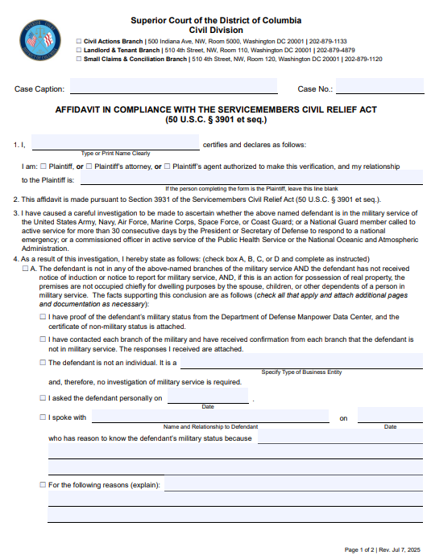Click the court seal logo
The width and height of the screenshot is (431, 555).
tap(39, 39)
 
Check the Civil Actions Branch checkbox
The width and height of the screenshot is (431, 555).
tap(78, 40)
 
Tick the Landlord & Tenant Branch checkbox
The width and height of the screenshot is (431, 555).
tap(78, 50)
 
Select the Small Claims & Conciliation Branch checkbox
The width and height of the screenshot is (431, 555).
tap(78, 59)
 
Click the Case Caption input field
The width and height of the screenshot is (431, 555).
tap(173, 88)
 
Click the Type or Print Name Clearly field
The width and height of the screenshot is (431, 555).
tap(115, 143)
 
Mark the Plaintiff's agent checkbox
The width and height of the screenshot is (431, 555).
tap(167, 166)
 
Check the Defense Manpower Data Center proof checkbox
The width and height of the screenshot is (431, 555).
tap(43, 318)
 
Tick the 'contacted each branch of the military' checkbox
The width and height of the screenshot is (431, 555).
tap(43, 339)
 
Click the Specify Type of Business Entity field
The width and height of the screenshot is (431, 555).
tap(301, 362)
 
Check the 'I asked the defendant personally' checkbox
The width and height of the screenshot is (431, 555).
tap(43, 397)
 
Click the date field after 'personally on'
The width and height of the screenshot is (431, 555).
tap(208, 396)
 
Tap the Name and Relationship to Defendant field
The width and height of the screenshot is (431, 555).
tap(210, 416)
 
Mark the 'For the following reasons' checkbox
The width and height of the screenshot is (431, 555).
tap(43, 485)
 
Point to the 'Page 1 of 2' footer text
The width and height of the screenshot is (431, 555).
tap(360, 549)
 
